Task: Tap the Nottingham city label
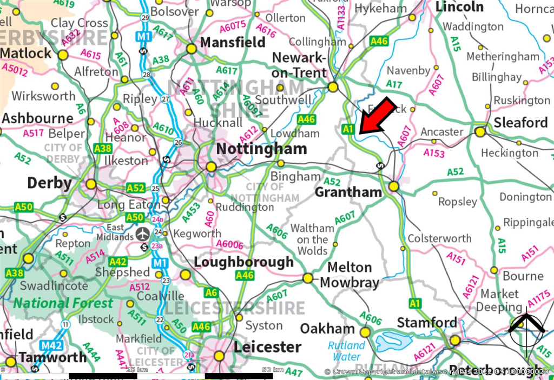point(261,149)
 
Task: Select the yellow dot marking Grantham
point(393,186)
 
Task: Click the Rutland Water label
point(346,351)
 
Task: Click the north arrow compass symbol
point(526,331)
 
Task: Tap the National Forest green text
point(63,303)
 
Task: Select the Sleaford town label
point(520,123)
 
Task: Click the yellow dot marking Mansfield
point(191,49)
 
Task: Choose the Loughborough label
point(243,262)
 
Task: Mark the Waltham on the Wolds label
point(312,239)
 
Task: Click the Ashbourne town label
point(38,118)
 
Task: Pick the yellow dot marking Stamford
point(455,340)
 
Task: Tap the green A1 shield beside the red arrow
point(348,129)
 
